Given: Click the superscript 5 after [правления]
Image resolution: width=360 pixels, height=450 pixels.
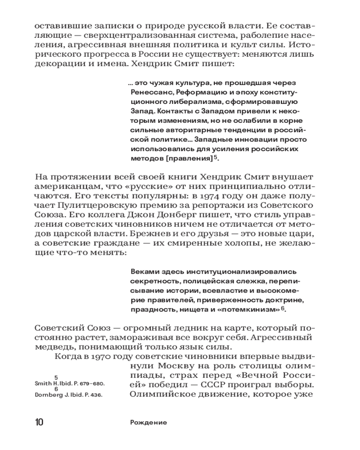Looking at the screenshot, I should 216,157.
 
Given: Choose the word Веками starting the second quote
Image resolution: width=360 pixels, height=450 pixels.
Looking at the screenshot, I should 142,272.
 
